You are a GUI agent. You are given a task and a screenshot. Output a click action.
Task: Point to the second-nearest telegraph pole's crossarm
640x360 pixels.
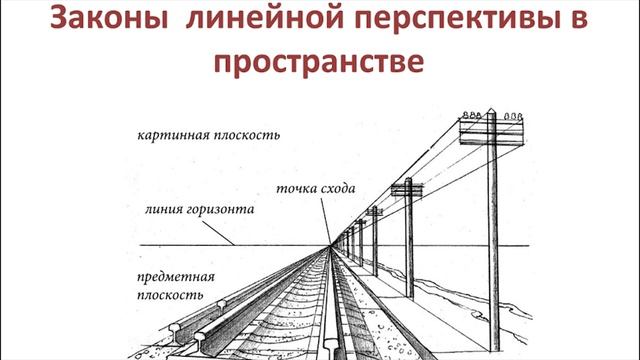pos(407,186)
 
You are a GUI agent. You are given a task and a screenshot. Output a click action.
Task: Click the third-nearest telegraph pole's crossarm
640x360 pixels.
pos(374,211)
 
